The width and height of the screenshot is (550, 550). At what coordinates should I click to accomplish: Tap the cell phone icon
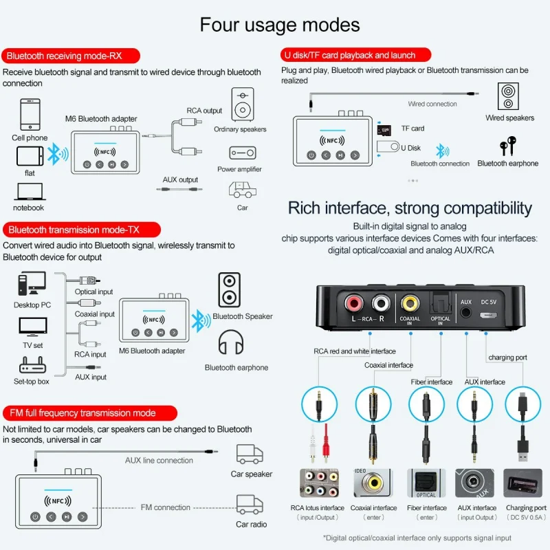30,114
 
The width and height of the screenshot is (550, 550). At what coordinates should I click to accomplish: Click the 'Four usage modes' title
279,25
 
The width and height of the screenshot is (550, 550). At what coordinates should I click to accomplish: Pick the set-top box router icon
31,365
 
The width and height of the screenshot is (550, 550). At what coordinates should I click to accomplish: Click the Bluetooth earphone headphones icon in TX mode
232,345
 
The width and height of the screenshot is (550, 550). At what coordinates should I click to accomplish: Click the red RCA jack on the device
355,301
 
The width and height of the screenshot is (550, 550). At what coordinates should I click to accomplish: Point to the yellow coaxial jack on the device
410,301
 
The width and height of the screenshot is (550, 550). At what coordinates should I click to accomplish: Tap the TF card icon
384,129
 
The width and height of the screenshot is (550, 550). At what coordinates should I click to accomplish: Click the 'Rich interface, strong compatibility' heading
410,208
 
